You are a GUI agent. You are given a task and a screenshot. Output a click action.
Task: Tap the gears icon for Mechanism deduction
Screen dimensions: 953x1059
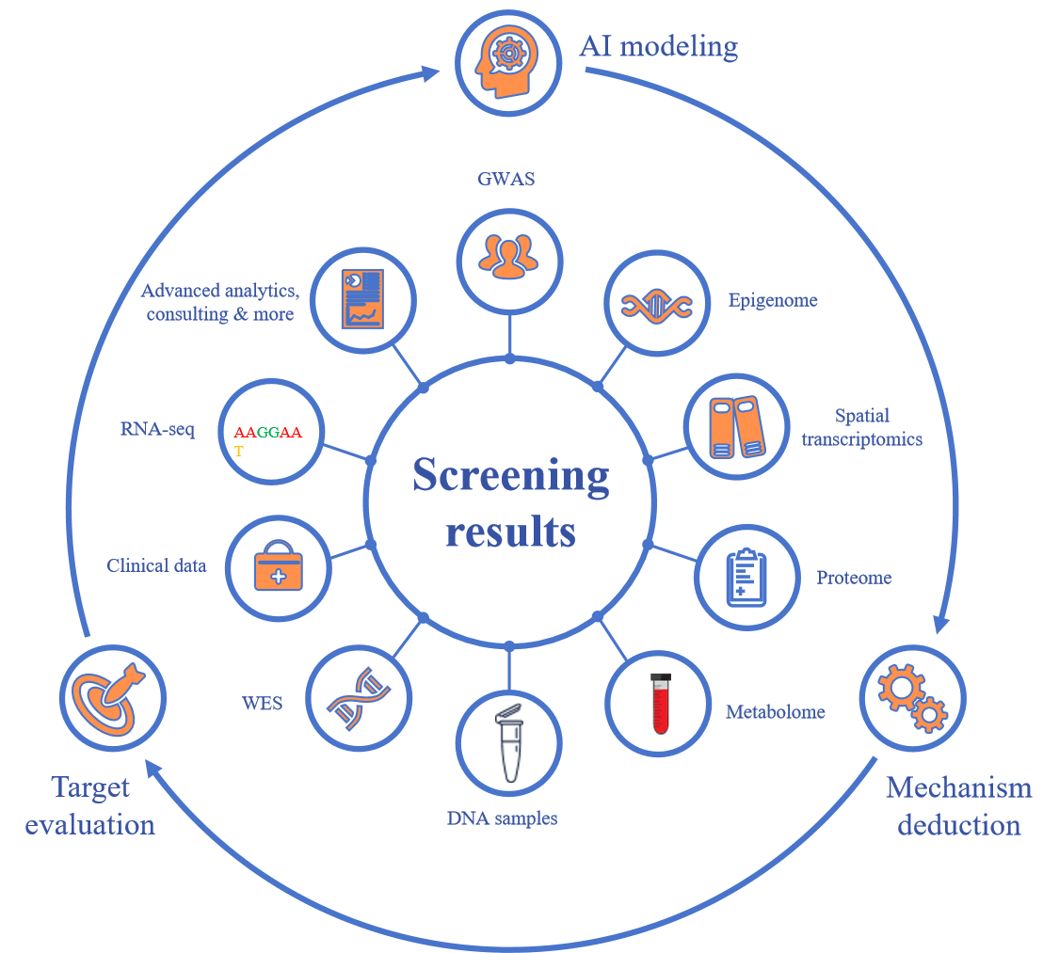pos(912,697)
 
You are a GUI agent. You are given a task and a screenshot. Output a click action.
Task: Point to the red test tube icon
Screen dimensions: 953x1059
pos(658,703)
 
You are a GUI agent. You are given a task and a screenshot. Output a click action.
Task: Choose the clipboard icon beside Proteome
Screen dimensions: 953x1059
pos(747,577)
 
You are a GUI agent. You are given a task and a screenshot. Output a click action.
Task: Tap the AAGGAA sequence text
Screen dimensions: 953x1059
pos(268,433)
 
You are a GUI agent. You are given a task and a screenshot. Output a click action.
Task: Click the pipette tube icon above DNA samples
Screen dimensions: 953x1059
pos(509,742)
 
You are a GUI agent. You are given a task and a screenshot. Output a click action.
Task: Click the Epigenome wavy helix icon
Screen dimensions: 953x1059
pos(656,304)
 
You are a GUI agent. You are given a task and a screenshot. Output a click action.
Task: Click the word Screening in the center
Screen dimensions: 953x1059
pos(511,475)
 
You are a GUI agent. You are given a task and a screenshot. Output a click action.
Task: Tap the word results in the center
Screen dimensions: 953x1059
pos(510,532)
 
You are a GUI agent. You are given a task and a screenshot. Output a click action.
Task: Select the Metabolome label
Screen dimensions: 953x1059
pos(775,712)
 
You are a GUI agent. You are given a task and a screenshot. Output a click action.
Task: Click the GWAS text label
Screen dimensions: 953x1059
pos(505,179)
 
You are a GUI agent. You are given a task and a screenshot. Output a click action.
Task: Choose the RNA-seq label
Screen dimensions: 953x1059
pos(157,430)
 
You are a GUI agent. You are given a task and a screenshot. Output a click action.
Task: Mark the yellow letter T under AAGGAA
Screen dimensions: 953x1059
pos(239,452)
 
